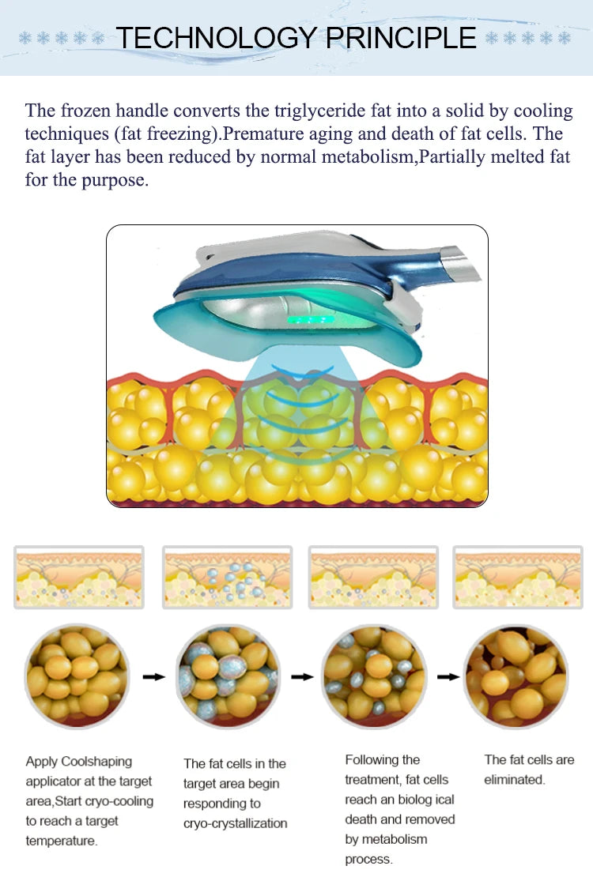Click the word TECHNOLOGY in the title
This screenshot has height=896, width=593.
coord(216,38)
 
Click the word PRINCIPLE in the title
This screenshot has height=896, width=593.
coord(401,38)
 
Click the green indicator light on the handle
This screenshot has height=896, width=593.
coord(310,319)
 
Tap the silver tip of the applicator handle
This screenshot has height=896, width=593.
coord(461,262)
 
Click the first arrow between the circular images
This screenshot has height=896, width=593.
coord(153,677)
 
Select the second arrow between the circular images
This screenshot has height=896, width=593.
coord(303,677)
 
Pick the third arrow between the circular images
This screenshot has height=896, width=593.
coord(449,677)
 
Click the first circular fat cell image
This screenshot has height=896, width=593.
coord(77,676)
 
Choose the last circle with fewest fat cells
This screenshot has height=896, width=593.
coord(517,676)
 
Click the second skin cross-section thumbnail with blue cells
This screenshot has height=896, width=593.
coord(228,577)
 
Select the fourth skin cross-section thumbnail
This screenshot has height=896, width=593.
coord(518,577)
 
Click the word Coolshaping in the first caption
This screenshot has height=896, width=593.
coord(96,762)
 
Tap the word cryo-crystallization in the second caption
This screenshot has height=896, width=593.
coord(236,823)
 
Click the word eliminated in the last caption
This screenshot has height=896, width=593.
coord(513,779)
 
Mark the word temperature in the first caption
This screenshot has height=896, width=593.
coord(61,841)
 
